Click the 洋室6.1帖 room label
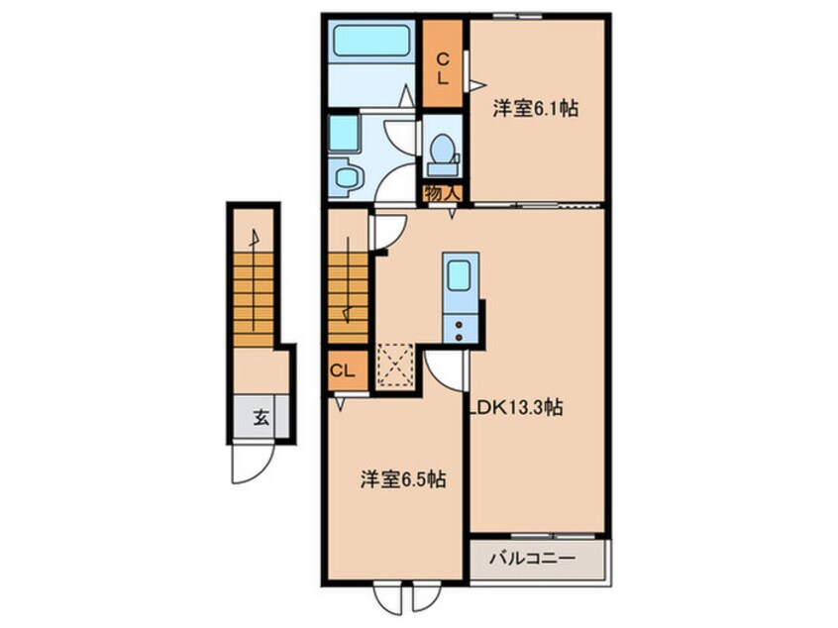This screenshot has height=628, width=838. (535, 111)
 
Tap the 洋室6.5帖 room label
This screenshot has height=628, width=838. (401, 480)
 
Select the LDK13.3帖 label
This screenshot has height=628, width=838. (515, 407)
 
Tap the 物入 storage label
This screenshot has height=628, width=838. (442, 193)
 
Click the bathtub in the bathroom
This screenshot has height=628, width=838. (372, 42)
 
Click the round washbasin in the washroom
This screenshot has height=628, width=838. (347, 179)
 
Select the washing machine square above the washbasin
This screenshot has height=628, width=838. (344, 133)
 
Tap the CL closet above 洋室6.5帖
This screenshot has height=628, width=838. (344, 371)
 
